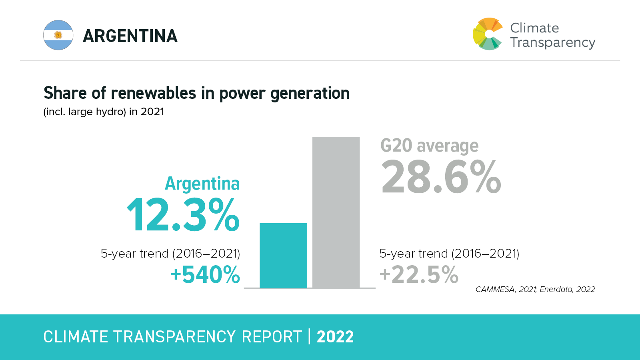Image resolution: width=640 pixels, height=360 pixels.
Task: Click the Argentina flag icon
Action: (x=58, y=35)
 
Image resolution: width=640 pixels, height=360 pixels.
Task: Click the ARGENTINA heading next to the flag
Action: (x=130, y=36)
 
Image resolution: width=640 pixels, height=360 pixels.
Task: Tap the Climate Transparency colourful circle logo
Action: (x=487, y=34)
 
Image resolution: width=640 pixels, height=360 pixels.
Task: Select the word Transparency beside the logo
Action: (x=553, y=42)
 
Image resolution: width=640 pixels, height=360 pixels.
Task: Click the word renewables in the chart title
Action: (x=154, y=93)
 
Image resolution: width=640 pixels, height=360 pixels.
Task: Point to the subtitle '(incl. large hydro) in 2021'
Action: (x=104, y=112)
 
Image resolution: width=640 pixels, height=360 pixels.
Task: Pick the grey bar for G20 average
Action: (x=336, y=212)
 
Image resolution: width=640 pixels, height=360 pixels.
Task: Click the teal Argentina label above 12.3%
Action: (x=202, y=184)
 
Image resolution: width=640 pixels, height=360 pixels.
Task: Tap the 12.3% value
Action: (x=183, y=215)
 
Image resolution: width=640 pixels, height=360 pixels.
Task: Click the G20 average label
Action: (x=429, y=146)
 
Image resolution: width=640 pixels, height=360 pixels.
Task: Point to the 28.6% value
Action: (x=441, y=177)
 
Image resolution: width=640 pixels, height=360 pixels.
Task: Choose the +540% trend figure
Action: (x=205, y=275)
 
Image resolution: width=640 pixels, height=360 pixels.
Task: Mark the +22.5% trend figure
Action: (x=419, y=275)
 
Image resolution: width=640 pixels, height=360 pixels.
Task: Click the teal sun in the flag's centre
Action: (x=58, y=35)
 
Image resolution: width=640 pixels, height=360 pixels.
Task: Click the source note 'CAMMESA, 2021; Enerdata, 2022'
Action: (x=535, y=289)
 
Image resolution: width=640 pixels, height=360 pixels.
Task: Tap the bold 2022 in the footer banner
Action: (x=335, y=337)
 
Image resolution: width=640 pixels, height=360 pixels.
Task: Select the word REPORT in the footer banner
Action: (x=272, y=337)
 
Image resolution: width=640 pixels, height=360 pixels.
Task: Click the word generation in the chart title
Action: (x=310, y=93)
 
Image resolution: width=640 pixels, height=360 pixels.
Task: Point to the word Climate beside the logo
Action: (x=534, y=28)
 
